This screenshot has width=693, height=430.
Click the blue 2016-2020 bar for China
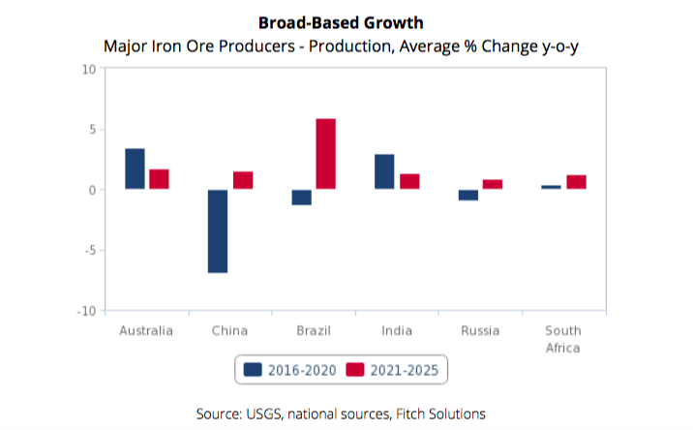coord(218,230)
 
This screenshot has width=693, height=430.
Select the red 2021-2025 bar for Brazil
coord(326,154)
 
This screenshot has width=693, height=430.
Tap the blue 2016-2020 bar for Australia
coord(135,169)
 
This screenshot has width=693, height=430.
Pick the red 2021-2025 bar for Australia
coord(159,179)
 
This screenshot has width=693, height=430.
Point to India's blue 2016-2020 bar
coord(384,171)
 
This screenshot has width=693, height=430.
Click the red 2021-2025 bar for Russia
coord(493,184)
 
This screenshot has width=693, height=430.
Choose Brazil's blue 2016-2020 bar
coord(301,197)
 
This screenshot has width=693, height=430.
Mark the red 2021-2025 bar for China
coord(242,180)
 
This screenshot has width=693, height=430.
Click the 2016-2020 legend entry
coord(289,369)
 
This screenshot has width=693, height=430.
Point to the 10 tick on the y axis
coord(88,69)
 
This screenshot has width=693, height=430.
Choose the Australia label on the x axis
coord(146,331)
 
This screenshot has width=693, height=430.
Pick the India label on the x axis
coord(397,331)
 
